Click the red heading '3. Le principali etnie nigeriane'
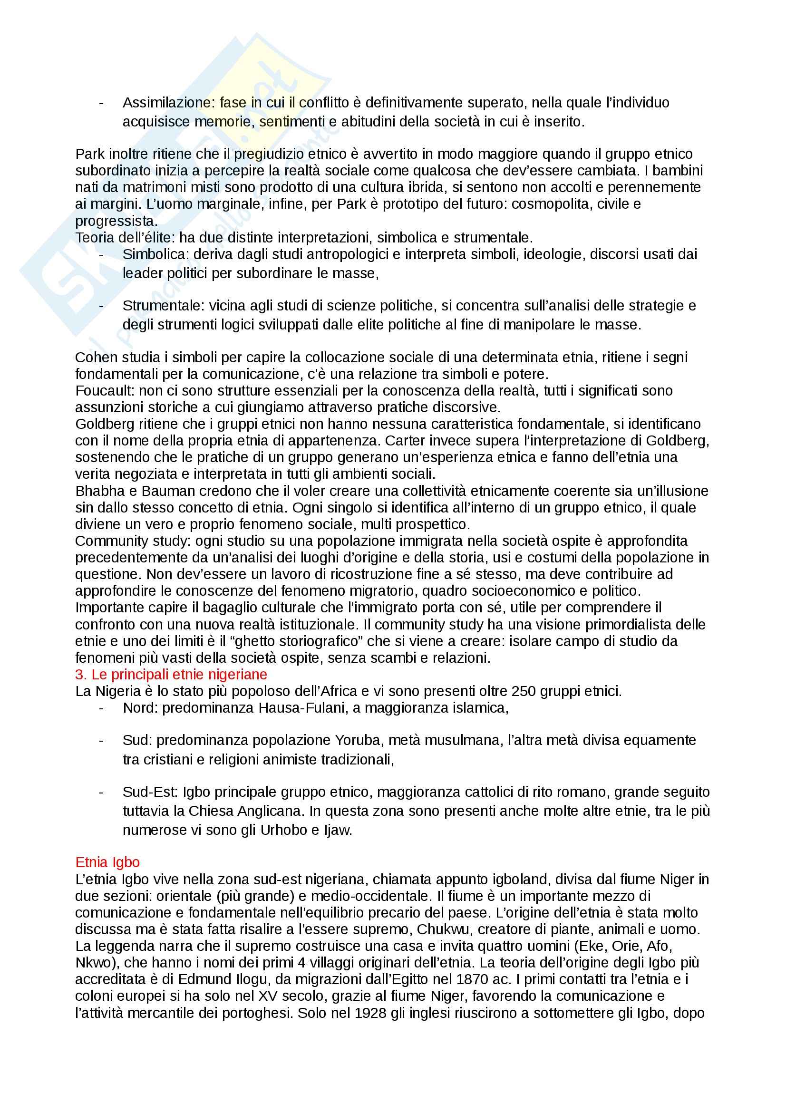pyautogui.click(x=171, y=674)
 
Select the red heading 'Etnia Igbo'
pyautogui.click(x=107, y=862)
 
